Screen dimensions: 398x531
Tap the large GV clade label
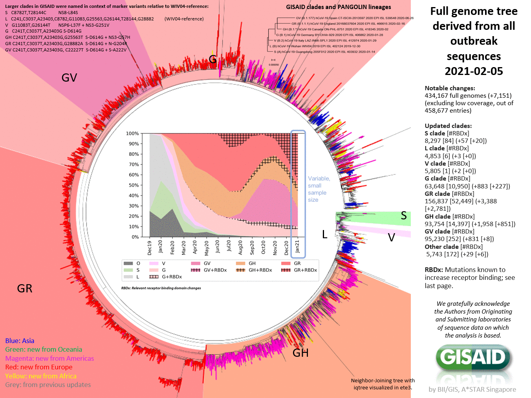pyautogui.click(x=69, y=78)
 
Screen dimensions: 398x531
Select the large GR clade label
pyautogui.click(x=25, y=288)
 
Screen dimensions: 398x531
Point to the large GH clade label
pyautogui.click(x=300, y=353)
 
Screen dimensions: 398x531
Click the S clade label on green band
pyautogui.click(x=404, y=215)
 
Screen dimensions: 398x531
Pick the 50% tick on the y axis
pyautogui.click(x=134, y=185)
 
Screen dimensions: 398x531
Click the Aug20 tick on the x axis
pyautogui.click(x=240, y=247)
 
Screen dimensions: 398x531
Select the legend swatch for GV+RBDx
pyautogui.click(x=196, y=270)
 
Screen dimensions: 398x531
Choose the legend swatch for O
pyautogui.click(x=128, y=263)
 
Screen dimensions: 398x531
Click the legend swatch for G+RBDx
pyautogui.click(x=154, y=277)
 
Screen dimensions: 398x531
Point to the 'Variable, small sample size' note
pyautogui.click(x=319, y=189)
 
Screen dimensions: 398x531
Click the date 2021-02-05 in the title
pyautogui.click(x=474, y=71)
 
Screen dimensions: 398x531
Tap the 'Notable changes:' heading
pyautogui.click(x=450, y=88)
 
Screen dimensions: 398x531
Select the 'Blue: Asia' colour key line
pyautogui.click(x=20, y=341)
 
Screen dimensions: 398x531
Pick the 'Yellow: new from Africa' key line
pyautogui.click(x=41, y=376)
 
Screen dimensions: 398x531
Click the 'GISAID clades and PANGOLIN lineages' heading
pyautogui.click(x=338, y=7)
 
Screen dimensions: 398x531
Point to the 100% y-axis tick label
pyautogui.click(x=132, y=133)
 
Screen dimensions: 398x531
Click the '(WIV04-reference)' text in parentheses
pyautogui.click(x=184, y=19)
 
